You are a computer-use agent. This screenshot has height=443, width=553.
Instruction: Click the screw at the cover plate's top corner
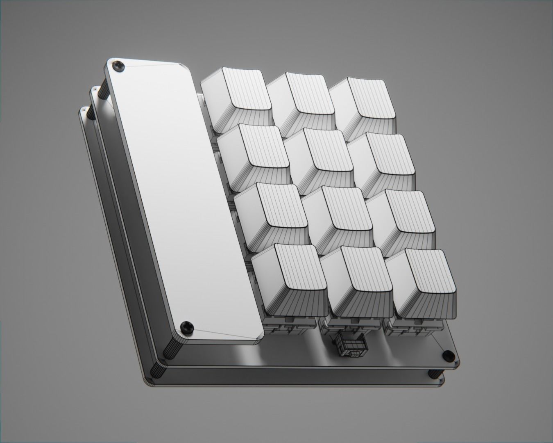point(119,66)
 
